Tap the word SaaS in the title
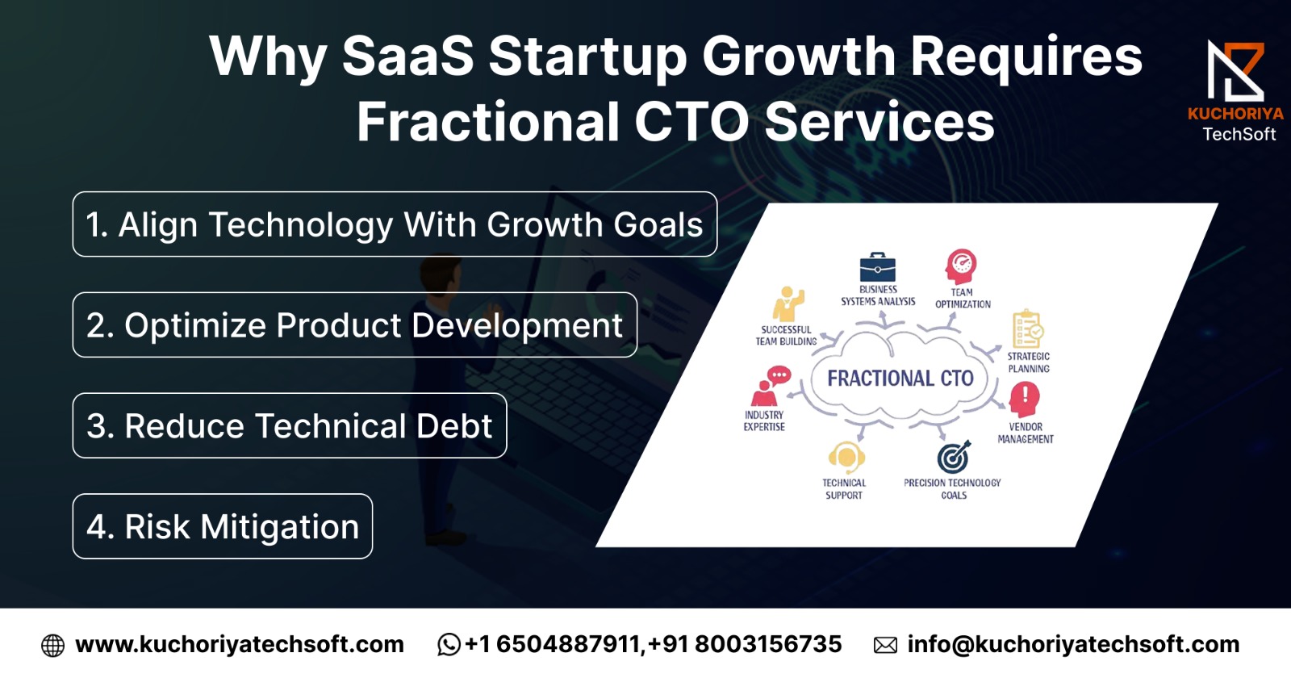(408, 56)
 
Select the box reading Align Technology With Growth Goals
(395, 224)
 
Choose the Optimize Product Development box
(355, 325)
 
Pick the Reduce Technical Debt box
(290, 426)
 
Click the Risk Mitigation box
(223, 526)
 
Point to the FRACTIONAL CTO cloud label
(900, 379)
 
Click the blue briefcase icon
(878, 267)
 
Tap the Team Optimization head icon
(961, 266)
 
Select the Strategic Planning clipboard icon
(1028, 329)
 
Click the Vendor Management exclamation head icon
(1024, 400)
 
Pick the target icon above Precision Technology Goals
(954, 457)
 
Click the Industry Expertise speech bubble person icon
(771, 387)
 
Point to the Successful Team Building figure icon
(788, 303)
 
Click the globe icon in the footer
(53, 646)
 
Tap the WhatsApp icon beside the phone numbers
(449, 645)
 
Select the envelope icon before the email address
(885, 646)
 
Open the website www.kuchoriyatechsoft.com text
(240, 645)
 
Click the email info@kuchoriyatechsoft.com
(1073, 645)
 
